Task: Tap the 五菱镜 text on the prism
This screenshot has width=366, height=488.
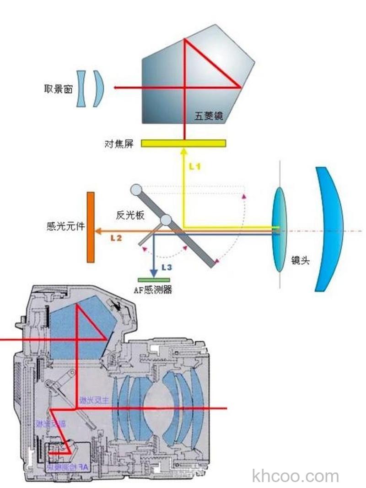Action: [x=209, y=116]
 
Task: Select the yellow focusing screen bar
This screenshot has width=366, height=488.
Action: [x=183, y=143]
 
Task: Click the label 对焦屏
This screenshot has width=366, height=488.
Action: [x=119, y=144]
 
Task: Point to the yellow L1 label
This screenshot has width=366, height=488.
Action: [x=195, y=167]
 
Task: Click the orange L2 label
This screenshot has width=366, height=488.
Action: [x=116, y=238]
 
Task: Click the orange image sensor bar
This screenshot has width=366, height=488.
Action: [x=91, y=227]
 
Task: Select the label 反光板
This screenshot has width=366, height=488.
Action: [x=130, y=215]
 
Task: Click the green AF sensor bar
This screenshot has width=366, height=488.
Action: [x=154, y=279]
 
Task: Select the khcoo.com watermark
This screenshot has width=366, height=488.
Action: [x=295, y=476]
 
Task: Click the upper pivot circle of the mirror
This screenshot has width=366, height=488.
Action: [x=136, y=189]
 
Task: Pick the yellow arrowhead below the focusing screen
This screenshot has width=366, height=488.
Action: [x=183, y=150]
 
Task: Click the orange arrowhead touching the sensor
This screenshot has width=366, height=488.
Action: [x=98, y=231]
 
